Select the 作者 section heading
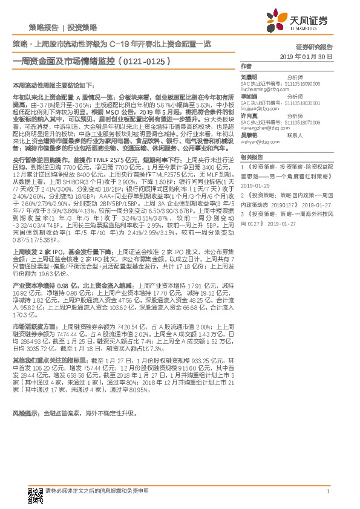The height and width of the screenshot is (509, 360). [x=246, y=65]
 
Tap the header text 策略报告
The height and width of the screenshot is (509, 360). [x=44, y=28]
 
